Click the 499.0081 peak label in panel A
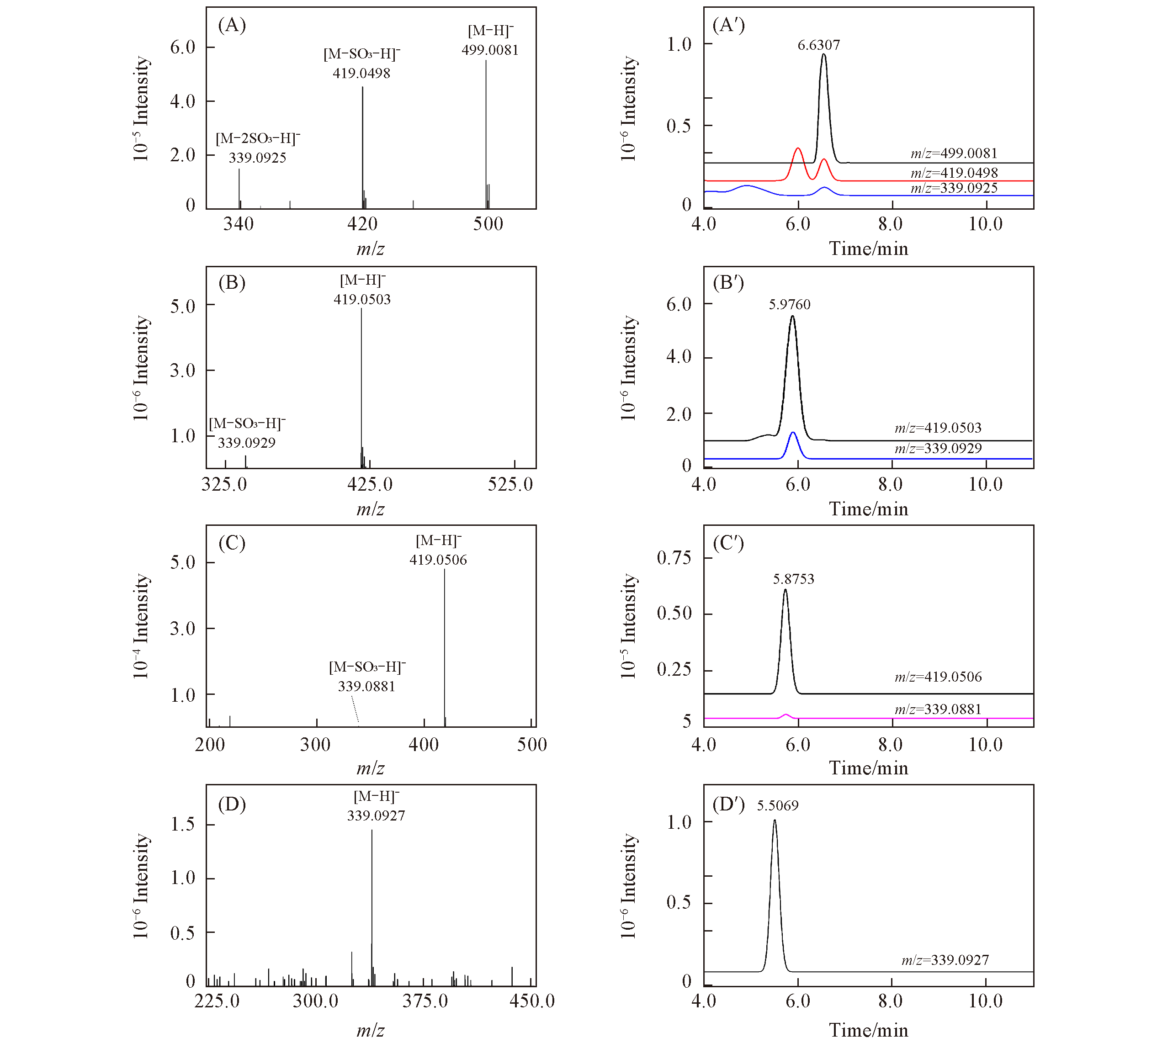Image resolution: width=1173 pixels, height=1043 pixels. [489, 51]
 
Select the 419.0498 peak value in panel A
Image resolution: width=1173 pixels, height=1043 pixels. [361, 74]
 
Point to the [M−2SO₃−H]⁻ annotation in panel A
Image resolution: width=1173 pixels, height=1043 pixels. [258, 139]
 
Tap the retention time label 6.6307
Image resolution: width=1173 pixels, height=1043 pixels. [818, 45]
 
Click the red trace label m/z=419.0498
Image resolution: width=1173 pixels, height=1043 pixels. [954, 173]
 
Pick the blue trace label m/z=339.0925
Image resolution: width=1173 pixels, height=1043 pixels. [954, 188]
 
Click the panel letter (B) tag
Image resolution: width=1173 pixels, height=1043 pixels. [232, 283]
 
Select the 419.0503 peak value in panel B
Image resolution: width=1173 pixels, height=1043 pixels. [362, 300]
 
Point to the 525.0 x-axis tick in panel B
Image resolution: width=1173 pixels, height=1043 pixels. [510, 485]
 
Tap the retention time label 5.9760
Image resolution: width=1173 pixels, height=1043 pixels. [790, 305]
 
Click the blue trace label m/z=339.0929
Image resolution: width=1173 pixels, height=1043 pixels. [938, 449]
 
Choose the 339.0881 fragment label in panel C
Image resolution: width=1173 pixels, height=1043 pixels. [367, 687]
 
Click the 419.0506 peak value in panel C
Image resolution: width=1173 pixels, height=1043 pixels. [438, 560]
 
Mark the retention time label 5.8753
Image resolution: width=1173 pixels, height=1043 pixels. [793, 579]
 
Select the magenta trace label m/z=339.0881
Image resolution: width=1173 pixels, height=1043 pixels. [938, 709]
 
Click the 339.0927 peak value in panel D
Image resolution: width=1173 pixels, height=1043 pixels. [376, 816]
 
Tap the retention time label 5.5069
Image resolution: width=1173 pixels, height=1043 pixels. [778, 806]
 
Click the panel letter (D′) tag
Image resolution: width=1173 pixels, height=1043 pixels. [728, 805]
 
